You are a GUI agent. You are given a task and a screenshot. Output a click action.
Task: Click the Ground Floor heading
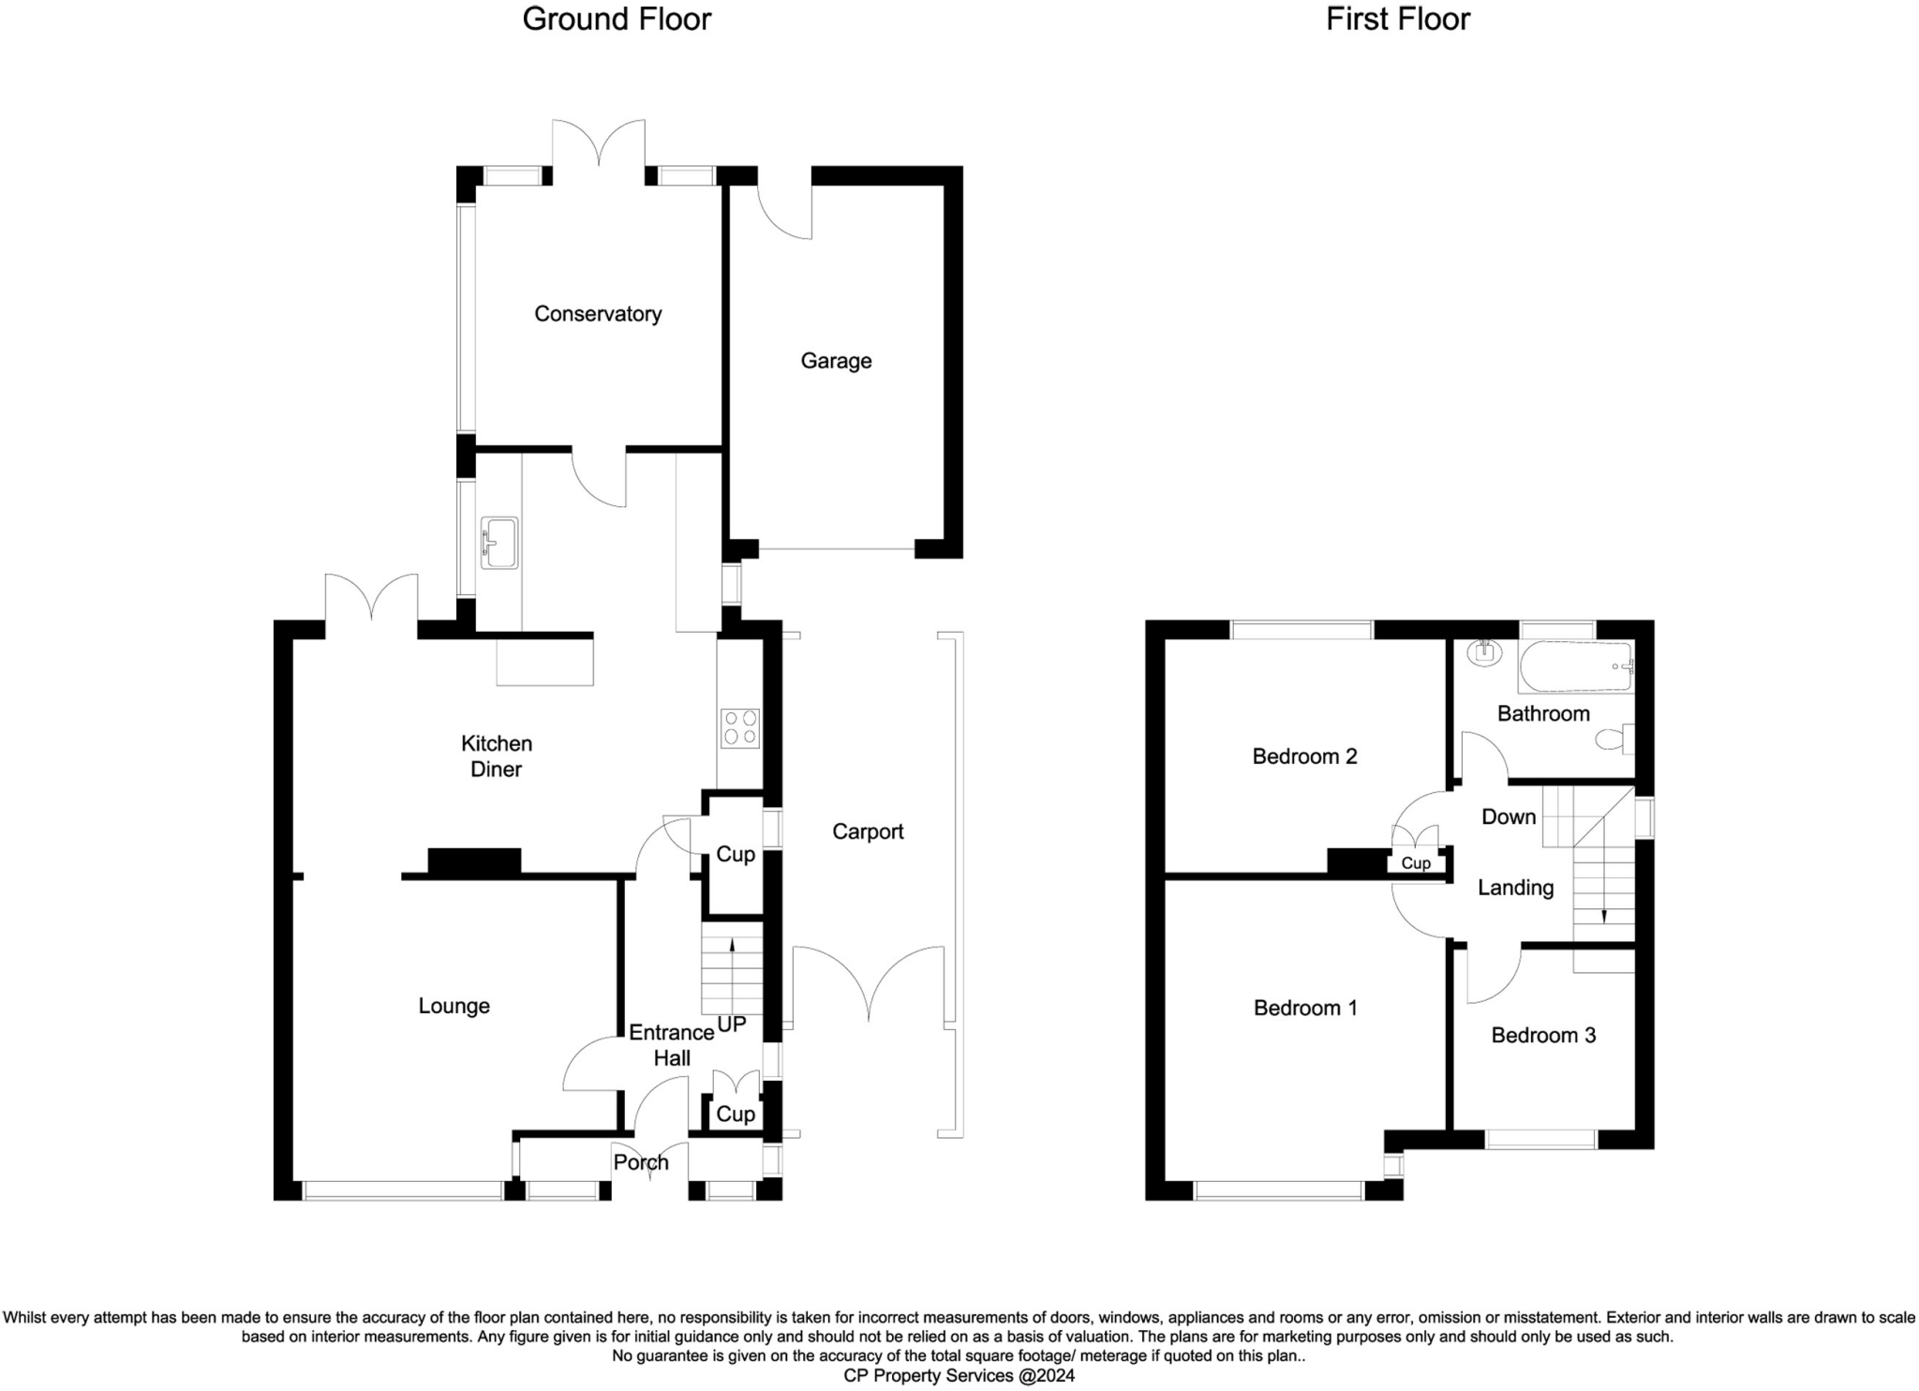(617, 20)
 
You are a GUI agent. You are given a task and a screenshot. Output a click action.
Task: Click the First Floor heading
(1397, 20)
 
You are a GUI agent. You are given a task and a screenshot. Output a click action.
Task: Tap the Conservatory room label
(598, 314)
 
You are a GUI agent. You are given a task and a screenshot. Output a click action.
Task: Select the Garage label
(836, 361)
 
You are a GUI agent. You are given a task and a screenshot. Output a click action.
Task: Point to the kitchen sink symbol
(499, 543)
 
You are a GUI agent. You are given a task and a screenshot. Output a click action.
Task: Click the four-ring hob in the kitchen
(739, 728)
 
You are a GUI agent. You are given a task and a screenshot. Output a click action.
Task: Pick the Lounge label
(454, 1007)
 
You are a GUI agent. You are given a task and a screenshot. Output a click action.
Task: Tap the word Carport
(868, 831)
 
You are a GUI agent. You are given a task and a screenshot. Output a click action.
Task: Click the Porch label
(641, 1162)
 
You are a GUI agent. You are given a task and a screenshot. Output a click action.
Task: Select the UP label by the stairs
(732, 1025)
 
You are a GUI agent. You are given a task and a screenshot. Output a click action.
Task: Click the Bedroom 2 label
(1304, 756)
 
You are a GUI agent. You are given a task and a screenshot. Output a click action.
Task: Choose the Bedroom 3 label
(1543, 1035)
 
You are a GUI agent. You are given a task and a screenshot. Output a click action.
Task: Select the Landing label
(1515, 888)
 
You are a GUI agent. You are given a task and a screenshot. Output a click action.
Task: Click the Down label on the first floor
(1509, 816)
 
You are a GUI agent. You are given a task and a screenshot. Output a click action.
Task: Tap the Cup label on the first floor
(1416, 863)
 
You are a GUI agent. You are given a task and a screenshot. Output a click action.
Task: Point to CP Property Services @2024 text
(959, 1376)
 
